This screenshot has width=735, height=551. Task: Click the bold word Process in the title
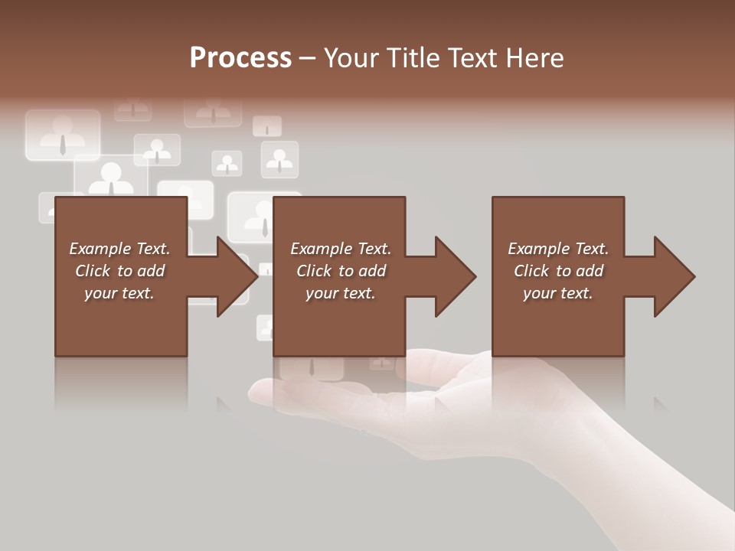point(240,58)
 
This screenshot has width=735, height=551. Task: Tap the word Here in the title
point(534,58)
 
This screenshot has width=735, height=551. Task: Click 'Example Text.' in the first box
point(119,249)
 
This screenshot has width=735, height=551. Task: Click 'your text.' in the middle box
point(340,293)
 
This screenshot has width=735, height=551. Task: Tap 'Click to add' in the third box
point(558,271)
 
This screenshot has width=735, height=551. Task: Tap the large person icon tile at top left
point(63,135)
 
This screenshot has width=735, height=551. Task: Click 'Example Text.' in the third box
point(558,249)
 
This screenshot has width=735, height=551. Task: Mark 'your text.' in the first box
point(119,293)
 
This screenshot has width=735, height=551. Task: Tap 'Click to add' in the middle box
point(340,271)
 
